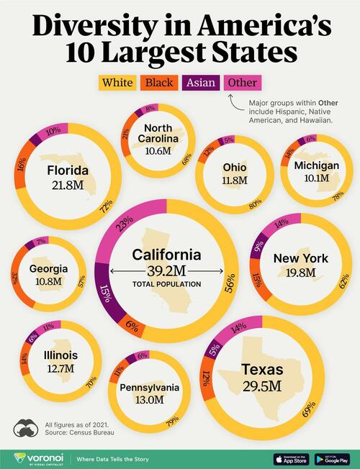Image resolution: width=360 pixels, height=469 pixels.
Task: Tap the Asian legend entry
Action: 202,83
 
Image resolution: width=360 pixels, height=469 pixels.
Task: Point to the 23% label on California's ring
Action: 125,224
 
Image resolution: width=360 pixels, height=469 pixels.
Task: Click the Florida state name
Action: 68,170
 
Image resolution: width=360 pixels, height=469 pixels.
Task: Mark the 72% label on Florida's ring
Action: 109,208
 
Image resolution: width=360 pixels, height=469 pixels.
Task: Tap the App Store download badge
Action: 294,457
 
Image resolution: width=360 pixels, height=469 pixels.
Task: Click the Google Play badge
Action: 333,457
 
